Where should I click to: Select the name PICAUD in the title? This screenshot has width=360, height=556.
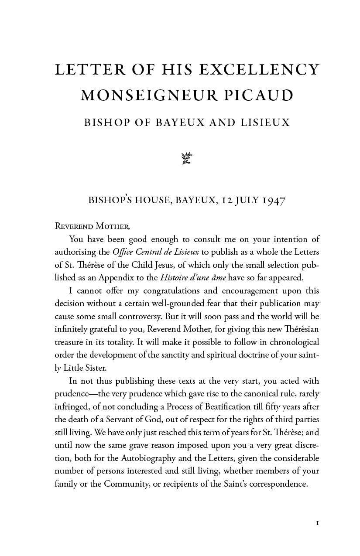click(x=259, y=96)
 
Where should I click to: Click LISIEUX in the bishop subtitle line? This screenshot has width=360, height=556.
click(x=265, y=123)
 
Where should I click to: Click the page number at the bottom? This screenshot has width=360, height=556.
click(x=318, y=522)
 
